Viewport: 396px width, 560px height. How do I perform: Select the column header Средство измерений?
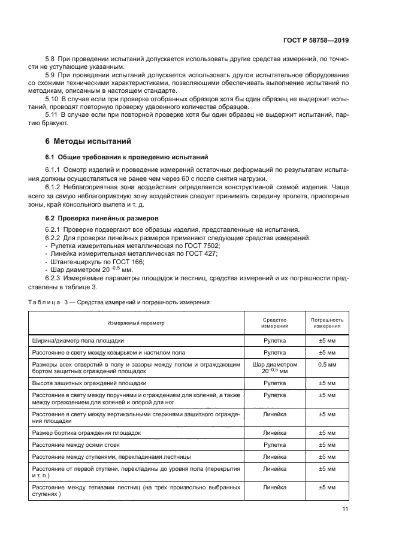coord(274,323)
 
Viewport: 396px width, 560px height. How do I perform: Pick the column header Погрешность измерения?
coord(327,323)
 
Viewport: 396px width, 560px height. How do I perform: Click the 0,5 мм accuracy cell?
coord(327,364)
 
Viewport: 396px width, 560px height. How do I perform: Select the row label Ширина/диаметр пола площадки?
coord(78,340)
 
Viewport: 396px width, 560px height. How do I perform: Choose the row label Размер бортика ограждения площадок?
coord(86,432)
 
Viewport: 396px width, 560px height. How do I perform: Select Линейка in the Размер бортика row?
coord(274,432)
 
